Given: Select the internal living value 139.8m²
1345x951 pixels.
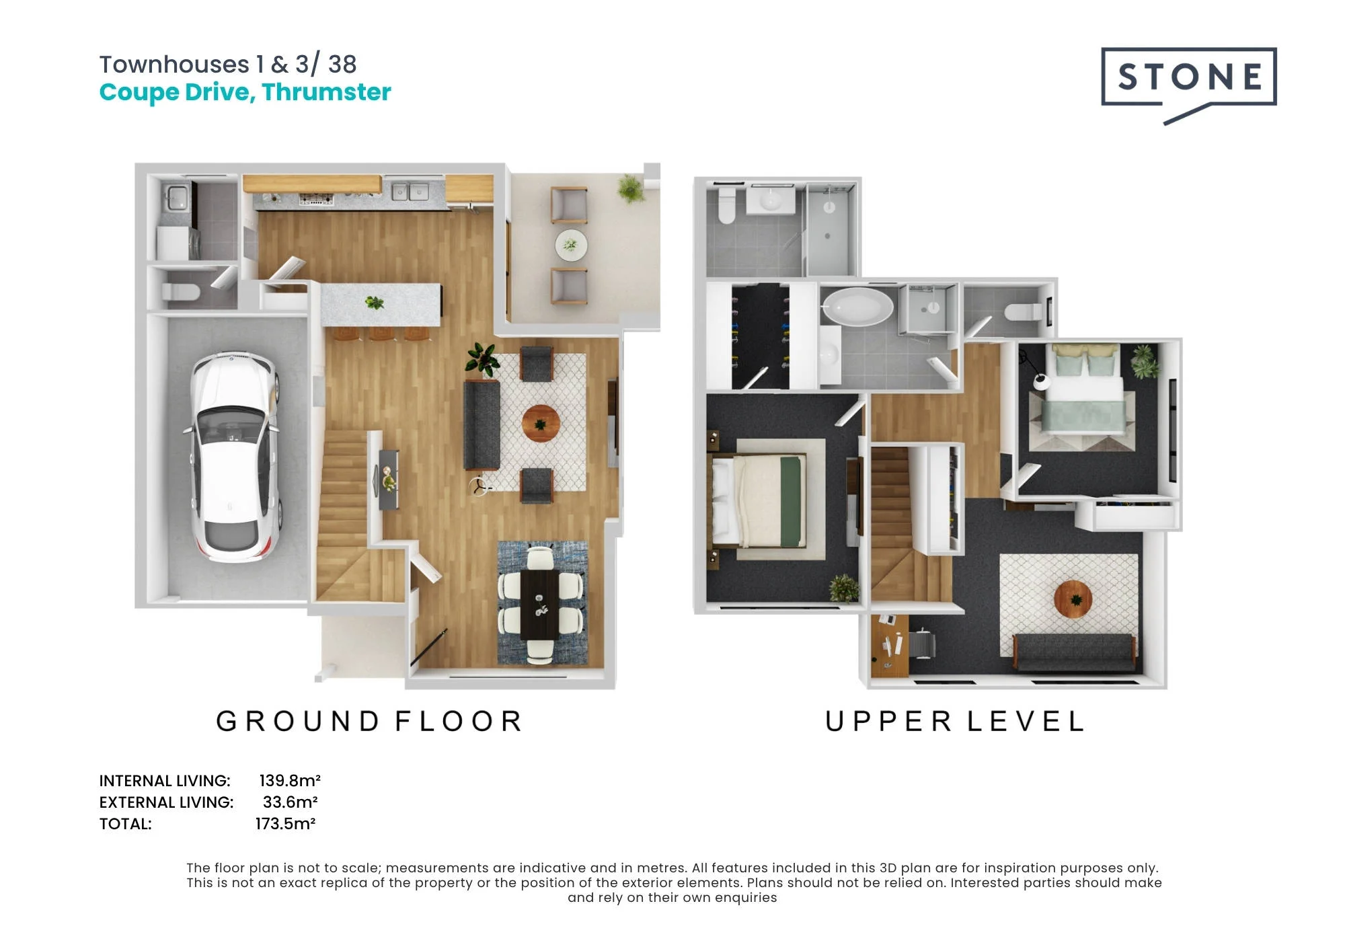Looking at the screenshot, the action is [x=290, y=781].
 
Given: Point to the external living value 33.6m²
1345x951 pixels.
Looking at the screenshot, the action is [x=290, y=802].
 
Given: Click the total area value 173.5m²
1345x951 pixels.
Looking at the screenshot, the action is [x=285, y=824].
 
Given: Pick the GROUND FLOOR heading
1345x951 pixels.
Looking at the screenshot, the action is [x=369, y=722].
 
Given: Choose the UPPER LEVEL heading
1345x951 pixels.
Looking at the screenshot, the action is [x=954, y=722].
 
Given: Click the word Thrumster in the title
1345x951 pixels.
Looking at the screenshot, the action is [x=326, y=92].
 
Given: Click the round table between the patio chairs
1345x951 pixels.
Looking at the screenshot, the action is [x=571, y=245].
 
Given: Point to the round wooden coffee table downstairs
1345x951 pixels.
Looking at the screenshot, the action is [x=541, y=424].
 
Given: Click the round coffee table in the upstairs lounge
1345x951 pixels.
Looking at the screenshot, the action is [x=1073, y=599].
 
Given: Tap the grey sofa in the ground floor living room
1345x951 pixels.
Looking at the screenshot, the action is [x=482, y=425].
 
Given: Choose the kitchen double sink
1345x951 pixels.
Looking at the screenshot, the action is [x=410, y=192].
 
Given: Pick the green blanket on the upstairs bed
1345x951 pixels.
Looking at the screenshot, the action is [x=792, y=501].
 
